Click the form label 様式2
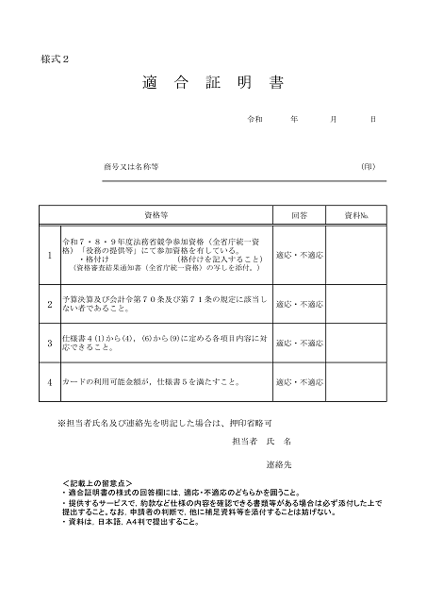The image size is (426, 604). click(54, 59)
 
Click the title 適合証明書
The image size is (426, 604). click(213, 83)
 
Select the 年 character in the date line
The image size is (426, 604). click(295, 120)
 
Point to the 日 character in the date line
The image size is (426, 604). click(373, 120)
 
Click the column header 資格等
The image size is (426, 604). click(156, 215)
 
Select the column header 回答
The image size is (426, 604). click(300, 215)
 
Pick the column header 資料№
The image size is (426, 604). click(356, 215)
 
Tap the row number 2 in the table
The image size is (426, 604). click(49, 304)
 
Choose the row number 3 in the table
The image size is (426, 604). click(49, 344)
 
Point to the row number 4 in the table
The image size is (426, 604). click(49, 382)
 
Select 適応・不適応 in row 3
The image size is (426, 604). click(300, 344)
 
